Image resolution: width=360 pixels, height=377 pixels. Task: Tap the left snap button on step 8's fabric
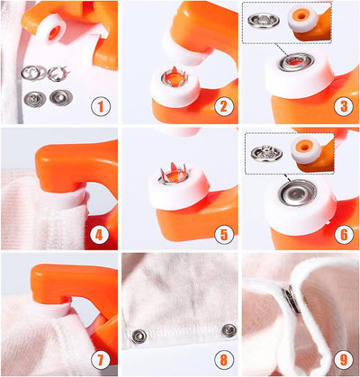click(139, 336)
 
